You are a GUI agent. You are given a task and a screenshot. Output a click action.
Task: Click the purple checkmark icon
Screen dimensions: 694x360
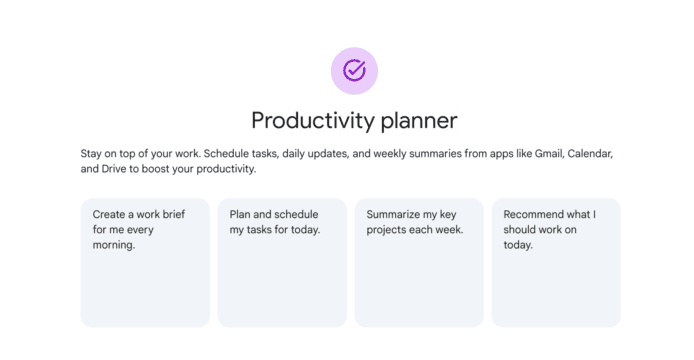point(354,70)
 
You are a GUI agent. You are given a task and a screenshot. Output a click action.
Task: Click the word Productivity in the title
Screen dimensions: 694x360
point(313,120)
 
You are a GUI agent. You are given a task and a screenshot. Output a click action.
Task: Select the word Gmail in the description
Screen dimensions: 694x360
point(548,154)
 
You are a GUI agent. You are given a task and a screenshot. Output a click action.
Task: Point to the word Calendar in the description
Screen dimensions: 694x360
point(590,154)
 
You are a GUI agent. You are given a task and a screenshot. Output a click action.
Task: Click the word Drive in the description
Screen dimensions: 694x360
point(114,169)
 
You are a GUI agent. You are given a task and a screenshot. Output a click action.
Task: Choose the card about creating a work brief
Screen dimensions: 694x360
point(145,263)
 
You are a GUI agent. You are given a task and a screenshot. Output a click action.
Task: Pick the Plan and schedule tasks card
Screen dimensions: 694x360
point(282,263)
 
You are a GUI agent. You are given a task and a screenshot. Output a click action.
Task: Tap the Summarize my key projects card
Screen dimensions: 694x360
point(419,263)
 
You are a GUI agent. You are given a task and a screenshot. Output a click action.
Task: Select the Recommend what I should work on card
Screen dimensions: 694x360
point(556,263)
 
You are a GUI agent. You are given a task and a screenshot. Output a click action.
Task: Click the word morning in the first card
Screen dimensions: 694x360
point(114,245)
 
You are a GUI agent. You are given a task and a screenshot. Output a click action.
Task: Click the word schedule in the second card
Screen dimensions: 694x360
point(296,214)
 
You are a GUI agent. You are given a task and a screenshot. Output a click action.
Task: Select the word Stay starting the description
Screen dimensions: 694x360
point(91,154)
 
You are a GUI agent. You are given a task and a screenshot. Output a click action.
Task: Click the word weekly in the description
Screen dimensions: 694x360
point(389,154)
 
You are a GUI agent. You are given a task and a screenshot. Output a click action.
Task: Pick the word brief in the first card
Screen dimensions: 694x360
point(173,214)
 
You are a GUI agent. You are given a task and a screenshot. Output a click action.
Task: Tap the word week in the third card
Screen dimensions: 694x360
point(451,230)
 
